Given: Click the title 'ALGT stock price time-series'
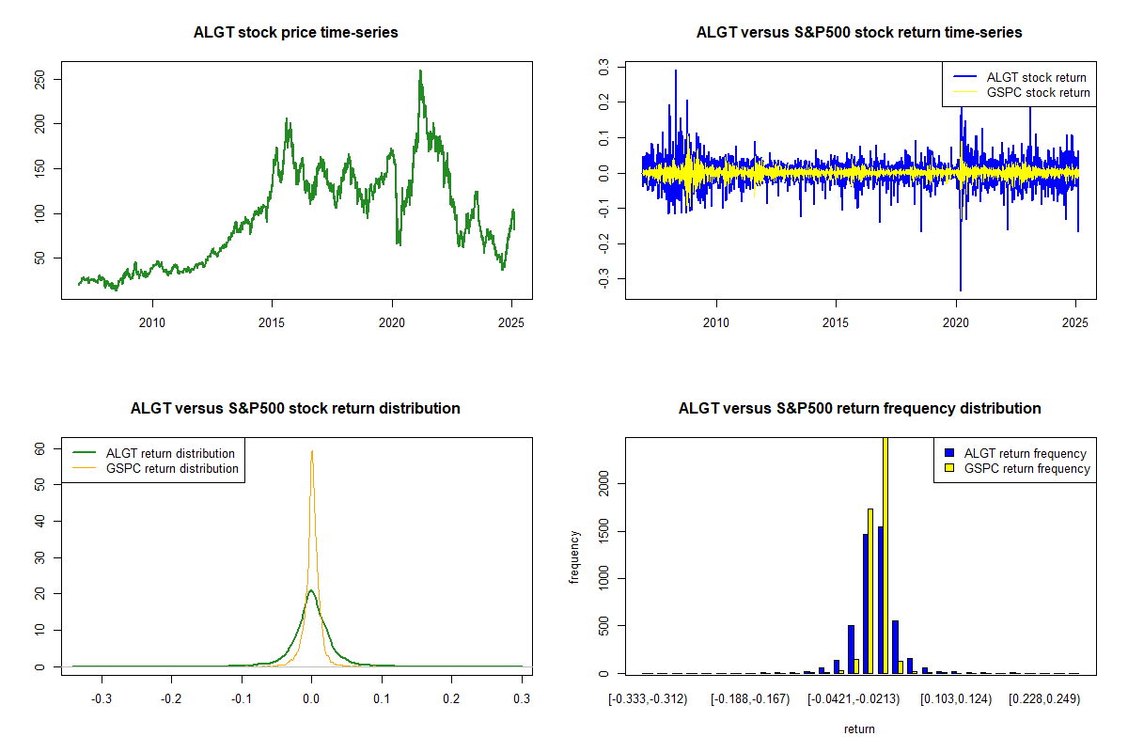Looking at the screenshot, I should (295, 33).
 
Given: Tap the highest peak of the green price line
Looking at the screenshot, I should (420, 70).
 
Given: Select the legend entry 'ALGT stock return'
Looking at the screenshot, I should (1036, 77).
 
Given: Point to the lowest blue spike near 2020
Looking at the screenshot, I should (961, 290).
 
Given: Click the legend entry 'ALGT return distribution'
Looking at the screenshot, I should (170, 453).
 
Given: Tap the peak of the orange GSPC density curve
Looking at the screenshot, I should (312, 451).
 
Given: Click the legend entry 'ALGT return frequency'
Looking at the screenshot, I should (1025, 453).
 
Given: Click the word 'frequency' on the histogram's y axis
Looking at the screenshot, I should (575, 556).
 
